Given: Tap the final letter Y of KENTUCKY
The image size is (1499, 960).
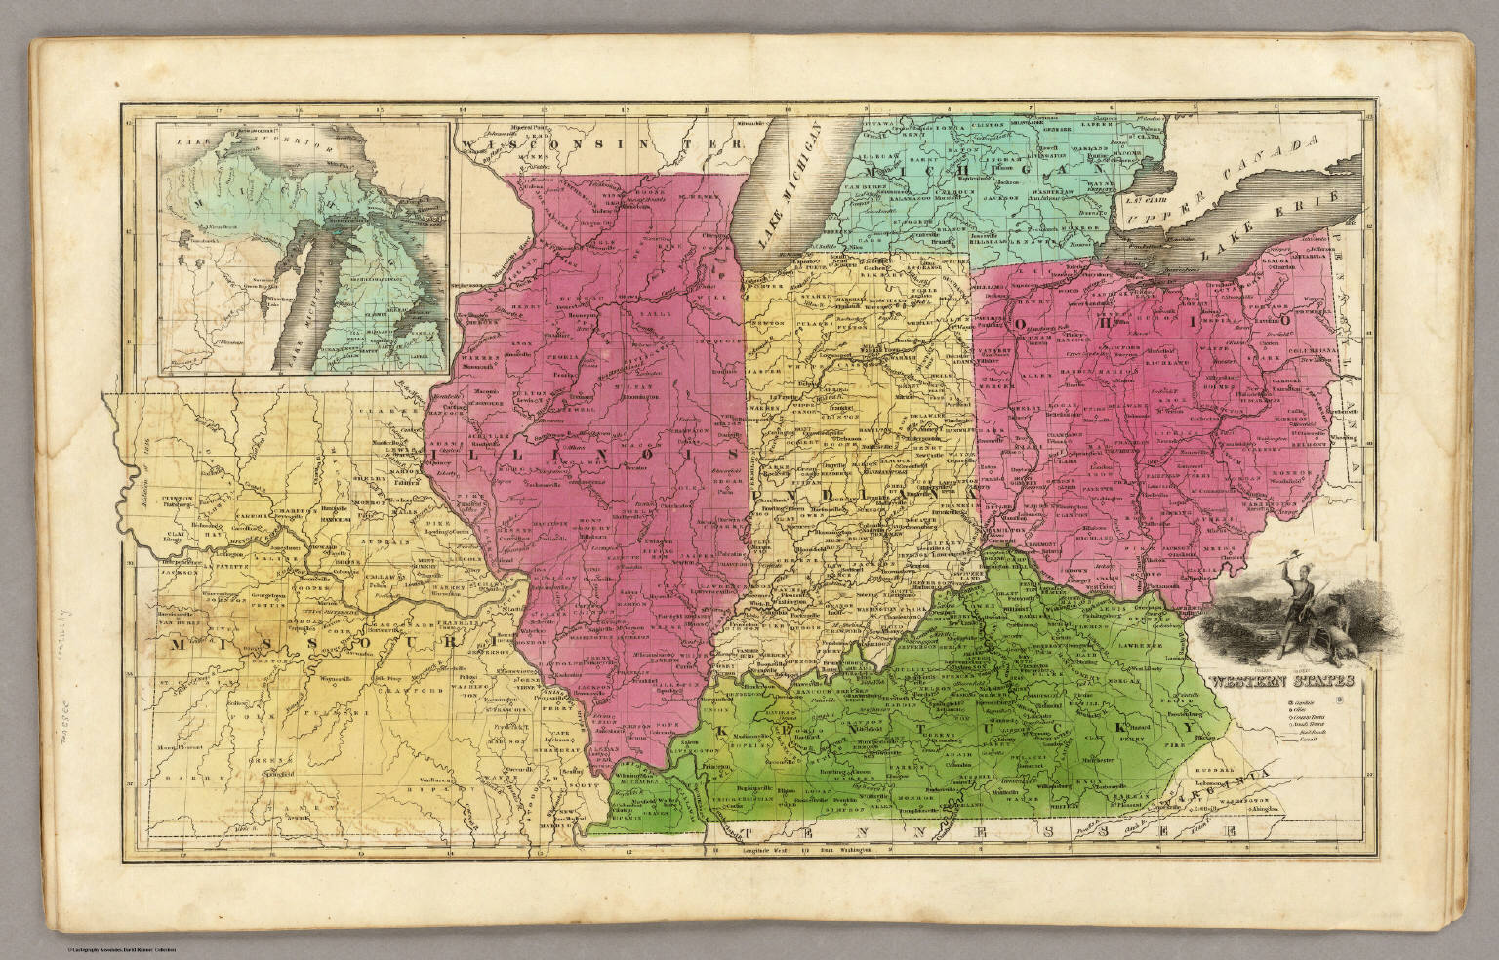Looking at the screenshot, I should (x=1190, y=729).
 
